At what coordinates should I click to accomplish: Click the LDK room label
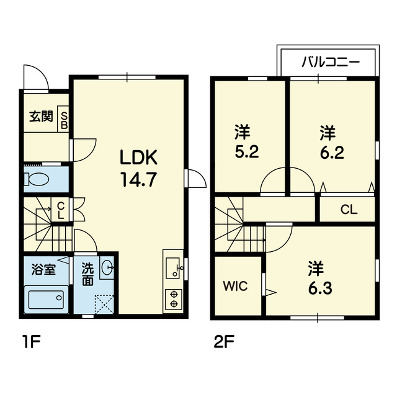[138, 157]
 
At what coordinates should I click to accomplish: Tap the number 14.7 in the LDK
[138, 179]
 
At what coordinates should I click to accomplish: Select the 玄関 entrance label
[41, 117]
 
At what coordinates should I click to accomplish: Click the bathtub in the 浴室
[46, 300]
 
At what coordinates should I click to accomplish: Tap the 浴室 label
[43, 270]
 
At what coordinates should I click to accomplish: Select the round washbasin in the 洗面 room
[107, 267]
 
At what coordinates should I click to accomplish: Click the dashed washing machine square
[104, 304]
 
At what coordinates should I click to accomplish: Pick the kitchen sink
[172, 268]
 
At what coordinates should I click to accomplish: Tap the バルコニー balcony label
[331, 62]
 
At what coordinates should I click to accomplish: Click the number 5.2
[247, 153]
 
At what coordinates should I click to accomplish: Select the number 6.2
[332, 153]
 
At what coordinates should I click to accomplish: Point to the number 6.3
[320, 288]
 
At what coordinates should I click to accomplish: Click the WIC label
[235, 287]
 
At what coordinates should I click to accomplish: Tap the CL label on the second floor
[349, 210]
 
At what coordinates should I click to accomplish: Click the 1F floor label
[31, 342]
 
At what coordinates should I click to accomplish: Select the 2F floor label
[224, 342]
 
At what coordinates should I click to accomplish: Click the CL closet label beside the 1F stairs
[61, 210]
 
